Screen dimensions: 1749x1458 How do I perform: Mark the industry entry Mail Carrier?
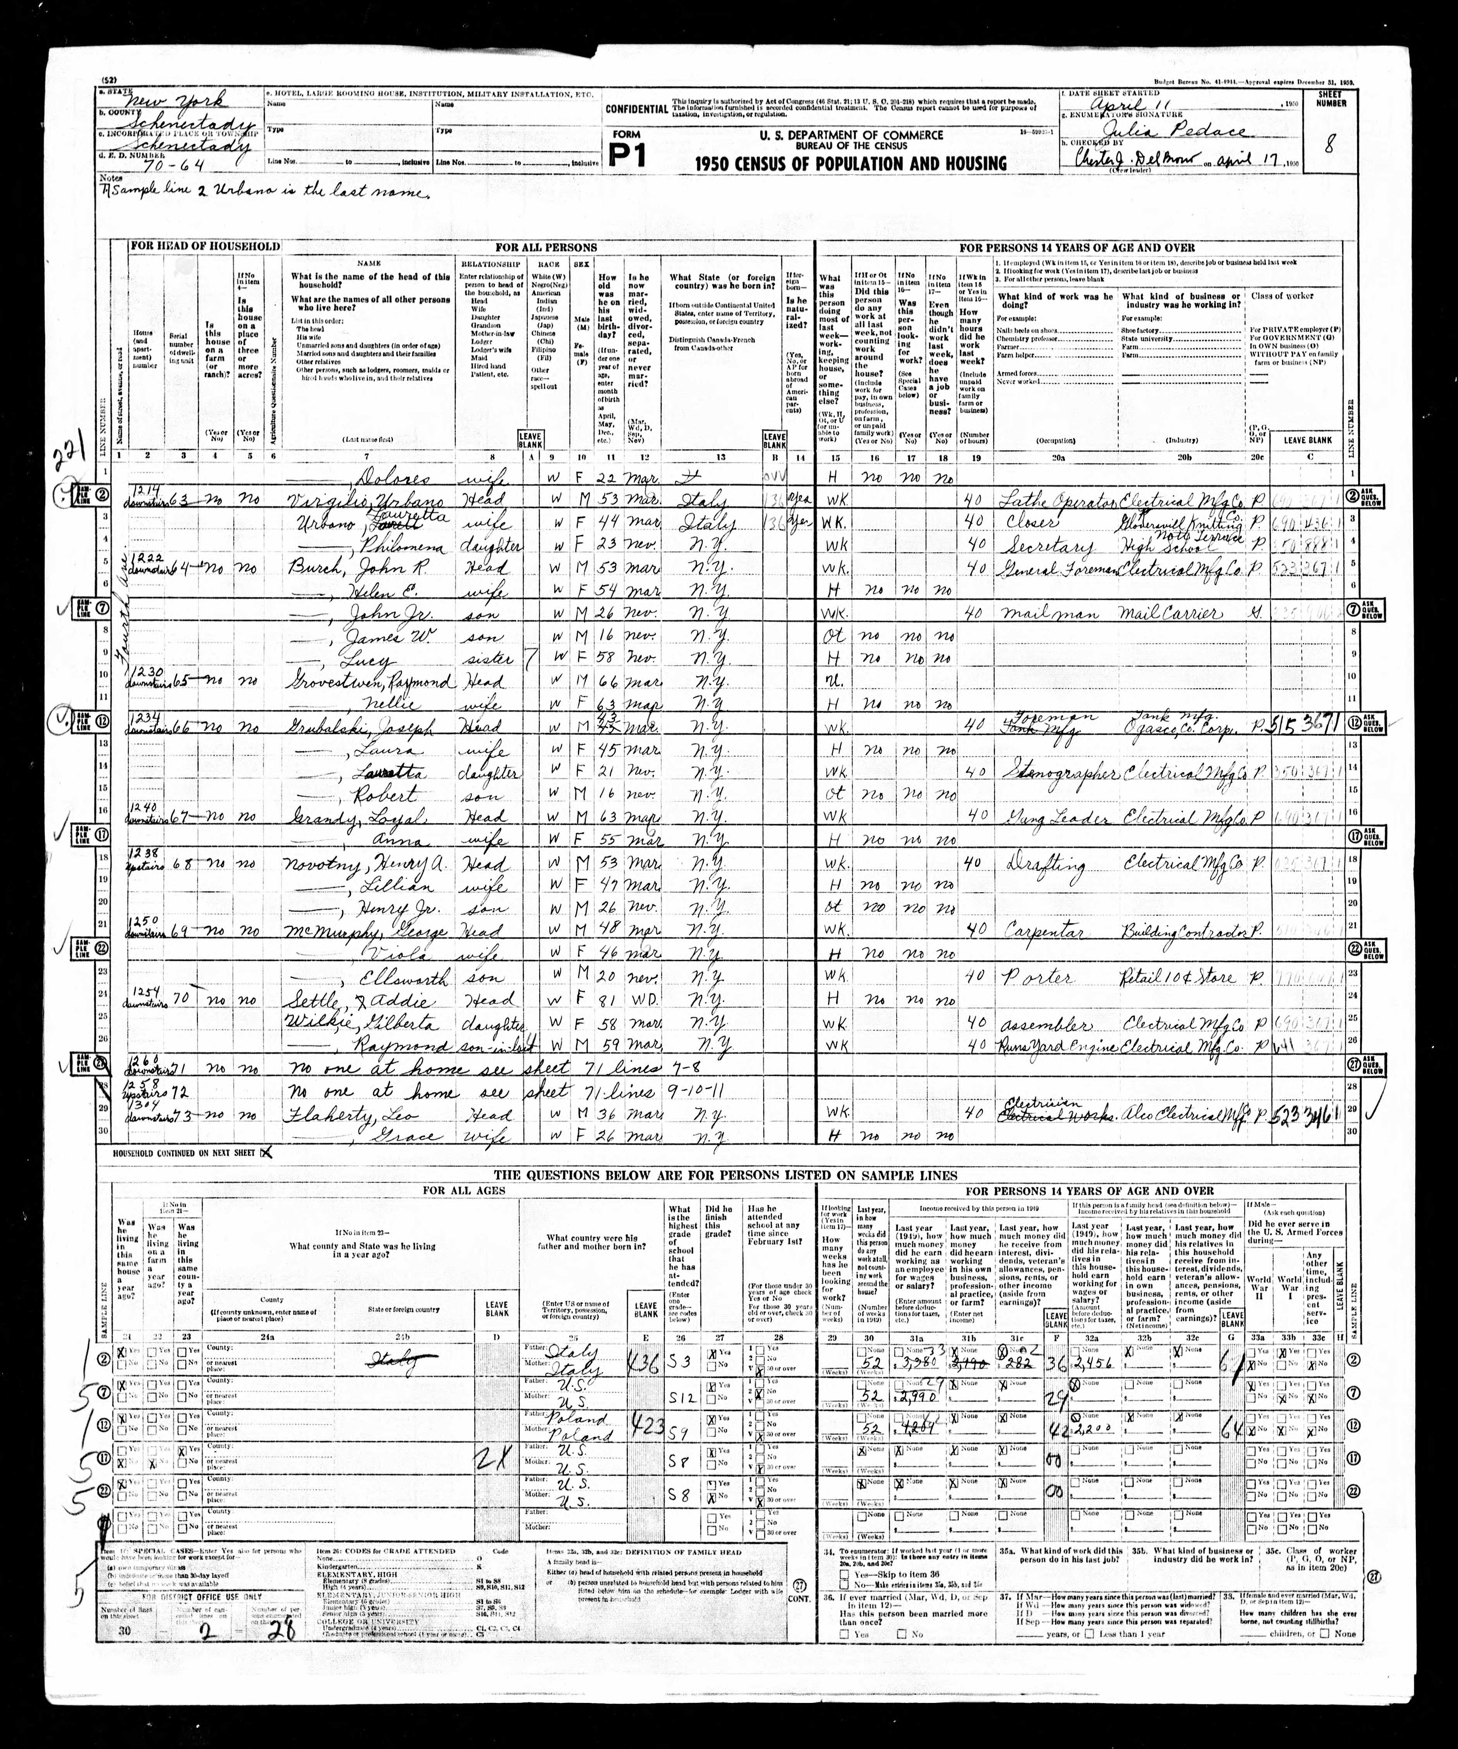coord(1170,614)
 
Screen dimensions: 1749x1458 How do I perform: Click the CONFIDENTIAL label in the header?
coord(636,109)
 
